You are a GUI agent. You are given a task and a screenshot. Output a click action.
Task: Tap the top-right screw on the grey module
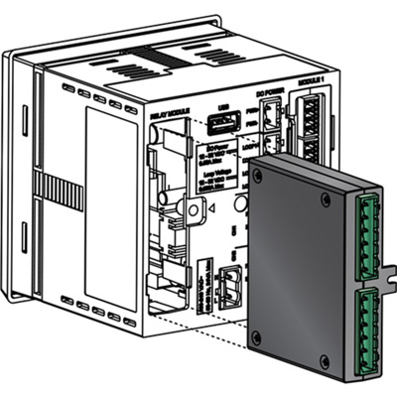325,199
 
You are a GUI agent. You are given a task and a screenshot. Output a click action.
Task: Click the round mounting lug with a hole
189,210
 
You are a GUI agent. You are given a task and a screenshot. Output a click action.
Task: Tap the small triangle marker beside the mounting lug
209,207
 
